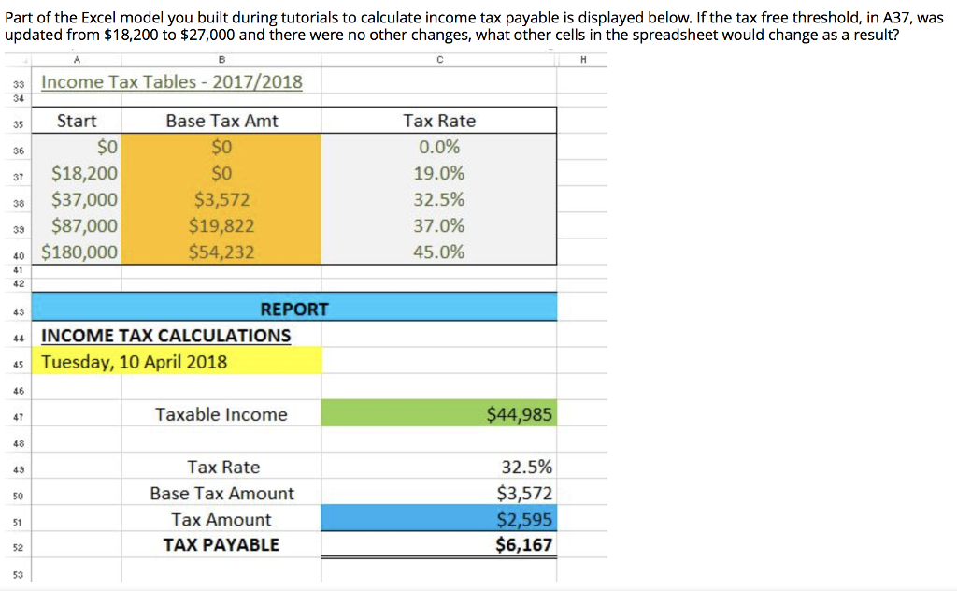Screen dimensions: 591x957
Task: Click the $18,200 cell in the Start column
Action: [84, 173]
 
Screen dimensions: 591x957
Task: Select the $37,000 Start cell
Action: [84, 199]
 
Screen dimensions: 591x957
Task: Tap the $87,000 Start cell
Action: [84, 225]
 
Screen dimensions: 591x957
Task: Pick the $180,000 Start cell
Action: [80, 252]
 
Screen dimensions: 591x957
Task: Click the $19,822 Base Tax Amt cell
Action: [221, 225]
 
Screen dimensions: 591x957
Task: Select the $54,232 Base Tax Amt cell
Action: [221, 252]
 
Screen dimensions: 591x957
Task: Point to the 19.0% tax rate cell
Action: [438, 173]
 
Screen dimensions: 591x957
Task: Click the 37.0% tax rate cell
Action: [438, 225]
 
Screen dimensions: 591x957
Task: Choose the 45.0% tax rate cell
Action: [438, 252]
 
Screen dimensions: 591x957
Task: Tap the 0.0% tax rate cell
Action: [438, 147]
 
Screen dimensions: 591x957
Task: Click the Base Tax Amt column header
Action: [221, 121]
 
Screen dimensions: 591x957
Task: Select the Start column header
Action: [77, 121]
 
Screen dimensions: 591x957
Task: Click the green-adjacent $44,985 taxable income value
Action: [520, 414]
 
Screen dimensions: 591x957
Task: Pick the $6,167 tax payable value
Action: [524, 545]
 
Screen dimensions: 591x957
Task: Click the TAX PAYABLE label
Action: [221, 545]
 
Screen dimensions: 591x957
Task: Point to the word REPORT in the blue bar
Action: [294, 309]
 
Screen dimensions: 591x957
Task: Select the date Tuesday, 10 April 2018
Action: [135, 362]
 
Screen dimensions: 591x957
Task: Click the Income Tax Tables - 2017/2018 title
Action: [172, 82]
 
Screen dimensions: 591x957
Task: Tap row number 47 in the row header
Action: [18, 415]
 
